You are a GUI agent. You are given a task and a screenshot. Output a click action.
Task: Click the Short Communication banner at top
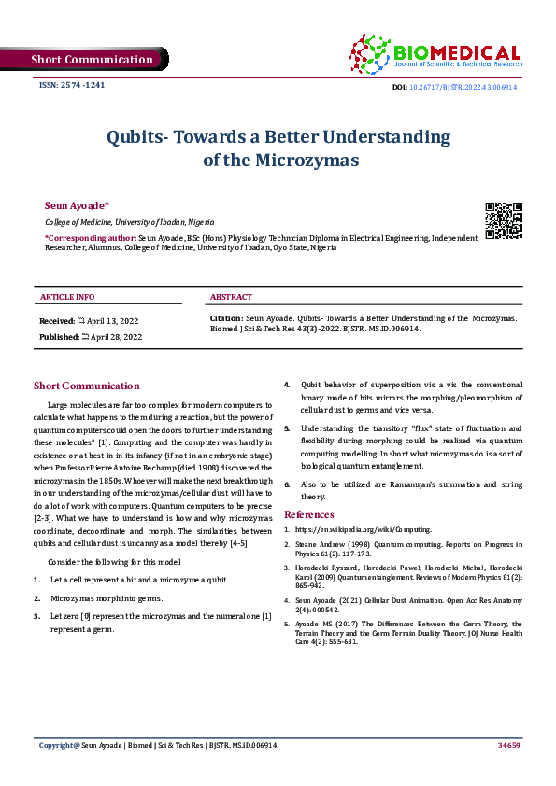point(91,60)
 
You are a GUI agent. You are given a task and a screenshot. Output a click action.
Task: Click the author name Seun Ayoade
point(77,204)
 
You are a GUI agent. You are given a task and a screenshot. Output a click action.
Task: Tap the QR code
point(504,220)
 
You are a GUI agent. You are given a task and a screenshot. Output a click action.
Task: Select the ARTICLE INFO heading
point(67,297)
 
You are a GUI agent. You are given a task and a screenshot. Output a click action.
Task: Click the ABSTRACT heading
point(231,297)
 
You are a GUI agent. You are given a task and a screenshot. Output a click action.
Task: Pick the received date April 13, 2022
point(112,320)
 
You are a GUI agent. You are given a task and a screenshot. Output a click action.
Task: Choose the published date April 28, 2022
point(113,336)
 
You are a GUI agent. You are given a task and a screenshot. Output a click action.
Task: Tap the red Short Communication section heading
point(87,386)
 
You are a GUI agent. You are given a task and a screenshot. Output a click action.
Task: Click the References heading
point(308,514)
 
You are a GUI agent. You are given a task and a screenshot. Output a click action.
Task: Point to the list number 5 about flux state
point(288,428)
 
